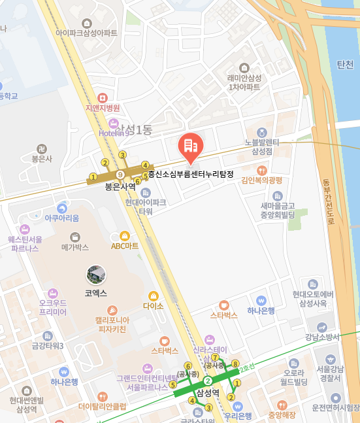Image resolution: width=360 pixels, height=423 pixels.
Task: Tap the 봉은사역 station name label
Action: tap(120, 186)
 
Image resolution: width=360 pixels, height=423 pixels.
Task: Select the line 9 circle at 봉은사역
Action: tap(120, 175)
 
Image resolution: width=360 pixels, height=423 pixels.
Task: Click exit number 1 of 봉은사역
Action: tap(93, 176)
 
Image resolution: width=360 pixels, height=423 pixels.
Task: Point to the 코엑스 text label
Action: tap(95, 294)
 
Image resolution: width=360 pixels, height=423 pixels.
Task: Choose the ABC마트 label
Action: tap(125, 246)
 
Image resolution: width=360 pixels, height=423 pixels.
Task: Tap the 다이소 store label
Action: tap(153, 305)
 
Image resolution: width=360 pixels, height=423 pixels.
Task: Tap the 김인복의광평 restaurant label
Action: tap(261, 180)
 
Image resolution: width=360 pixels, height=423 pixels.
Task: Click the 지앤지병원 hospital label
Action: tap(103, 108)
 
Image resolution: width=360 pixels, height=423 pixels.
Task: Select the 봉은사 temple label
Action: tap(42, 158)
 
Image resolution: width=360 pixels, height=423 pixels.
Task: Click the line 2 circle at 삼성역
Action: tap(208, 381)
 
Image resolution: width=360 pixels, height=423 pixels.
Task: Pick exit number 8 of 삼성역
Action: tap(235, 364)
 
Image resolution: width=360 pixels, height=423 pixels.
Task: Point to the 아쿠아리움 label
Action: tap(62, 217)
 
